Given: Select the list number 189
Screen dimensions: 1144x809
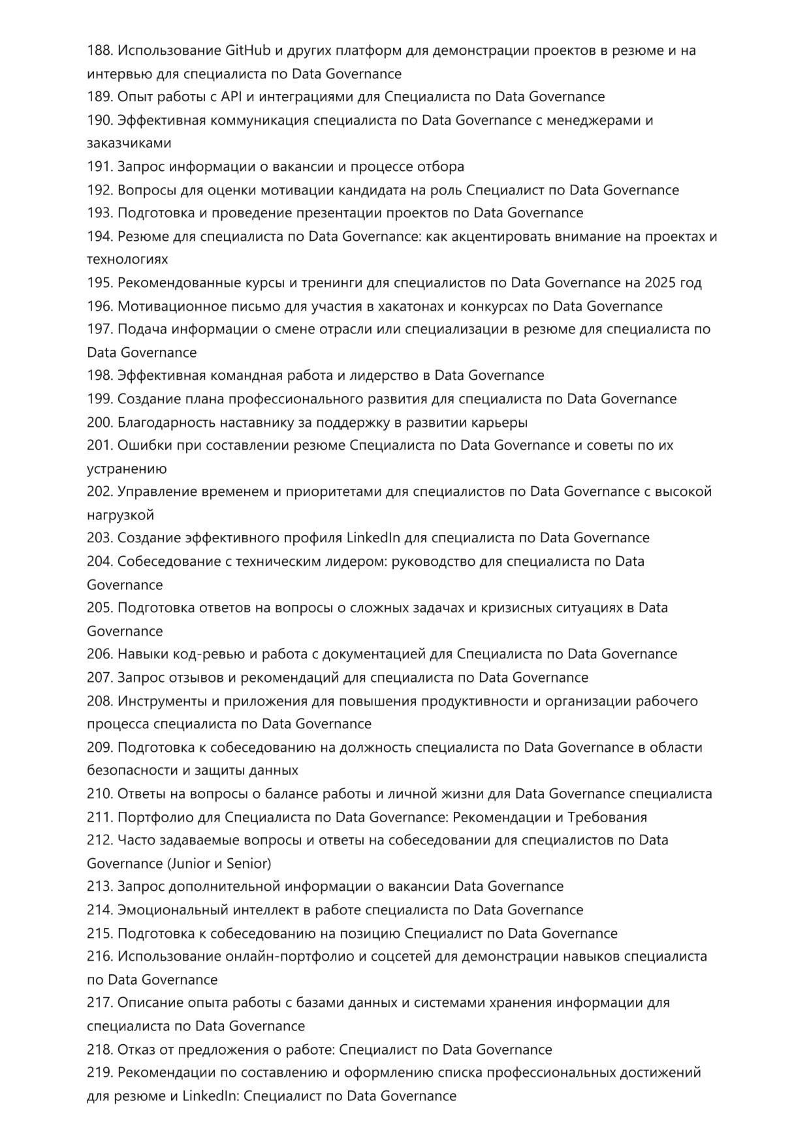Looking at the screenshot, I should pos(99,97).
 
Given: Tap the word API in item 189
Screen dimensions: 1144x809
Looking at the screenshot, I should pos(231,97).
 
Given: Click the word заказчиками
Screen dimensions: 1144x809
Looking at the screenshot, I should pos(129,143).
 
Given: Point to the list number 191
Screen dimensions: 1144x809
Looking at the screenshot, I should pos(99,166).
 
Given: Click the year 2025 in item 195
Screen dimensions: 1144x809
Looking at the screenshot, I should pos(660,283).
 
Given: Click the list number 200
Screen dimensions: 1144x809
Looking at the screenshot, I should pos(99,422).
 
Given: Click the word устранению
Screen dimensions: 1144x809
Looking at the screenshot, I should pos(127,469).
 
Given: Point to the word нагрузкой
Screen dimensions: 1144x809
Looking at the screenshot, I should pos(120,515).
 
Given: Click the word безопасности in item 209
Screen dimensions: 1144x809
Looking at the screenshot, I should pos(133,770).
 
